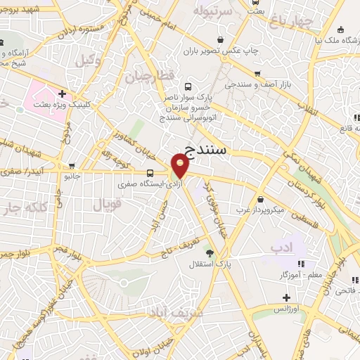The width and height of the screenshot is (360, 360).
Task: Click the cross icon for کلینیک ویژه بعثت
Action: tap(62, 93)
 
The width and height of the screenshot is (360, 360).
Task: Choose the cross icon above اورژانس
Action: tap(286, 297)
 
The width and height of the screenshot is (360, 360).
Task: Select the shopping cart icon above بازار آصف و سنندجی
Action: tap(258, 72)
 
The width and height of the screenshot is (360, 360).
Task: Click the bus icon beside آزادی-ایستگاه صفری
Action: tap(150, 172)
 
